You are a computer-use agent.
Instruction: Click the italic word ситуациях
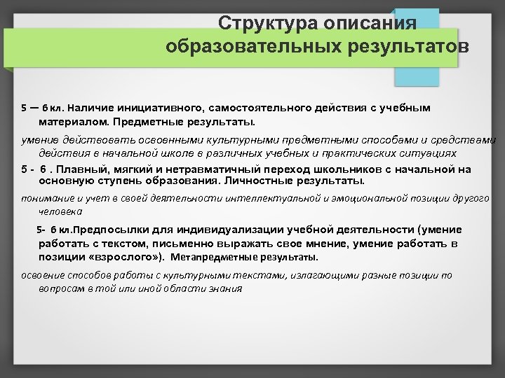point(432,153)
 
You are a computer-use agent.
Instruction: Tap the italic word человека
point(60,210)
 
